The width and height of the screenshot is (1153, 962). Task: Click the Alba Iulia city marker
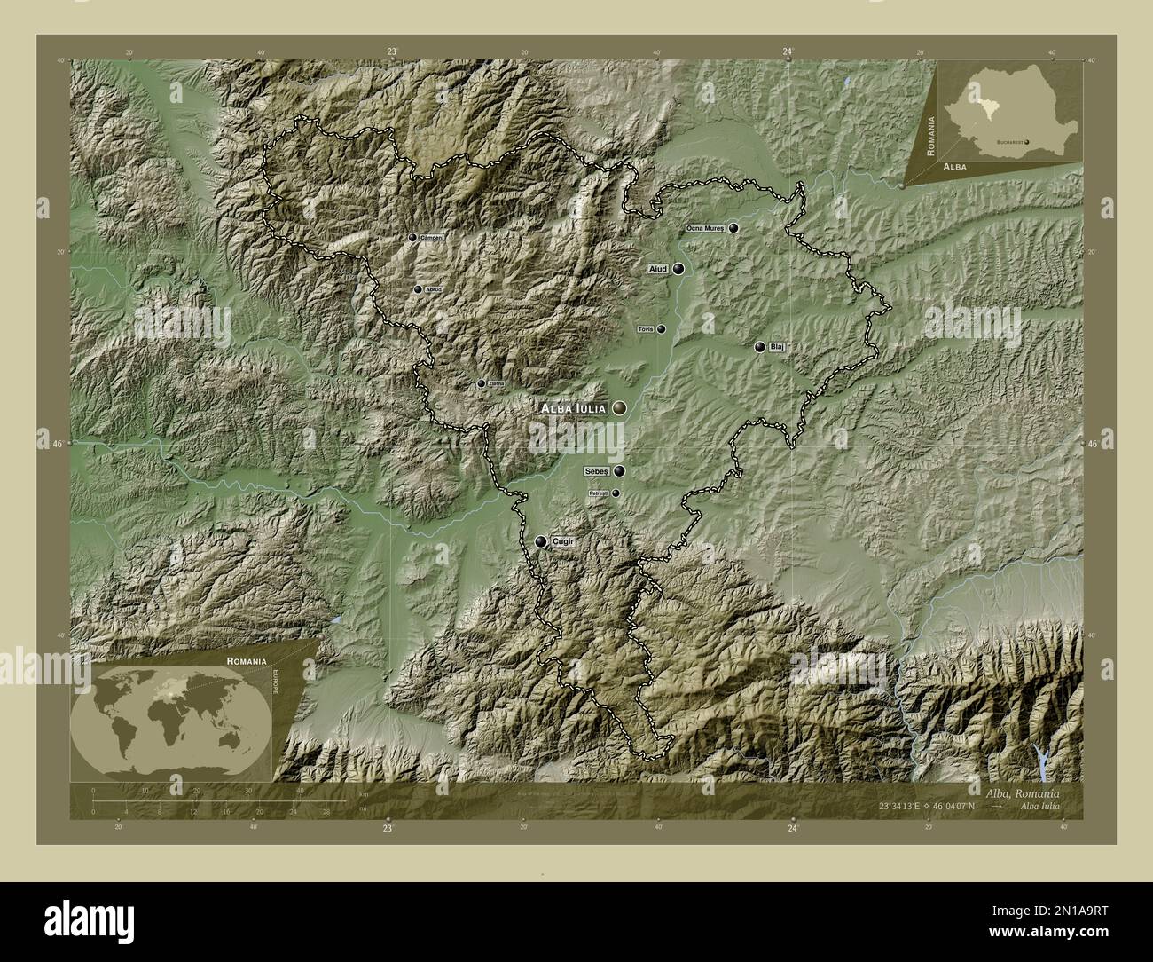point(618,408)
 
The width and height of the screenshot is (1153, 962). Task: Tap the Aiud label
point(657,269)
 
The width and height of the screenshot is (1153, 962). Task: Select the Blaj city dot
point(760,347)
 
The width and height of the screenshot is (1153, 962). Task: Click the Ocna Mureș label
point(706,228)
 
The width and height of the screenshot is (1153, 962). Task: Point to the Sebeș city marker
point(618,471)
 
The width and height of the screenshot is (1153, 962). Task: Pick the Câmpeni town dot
point(412,237)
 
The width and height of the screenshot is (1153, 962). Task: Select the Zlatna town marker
point(482,383)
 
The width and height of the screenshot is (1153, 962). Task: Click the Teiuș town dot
point(661,328)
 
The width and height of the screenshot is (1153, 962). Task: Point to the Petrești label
point(599,493)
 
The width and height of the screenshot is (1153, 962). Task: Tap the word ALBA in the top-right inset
point(955,167)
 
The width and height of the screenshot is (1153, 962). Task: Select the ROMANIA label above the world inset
point(246,662)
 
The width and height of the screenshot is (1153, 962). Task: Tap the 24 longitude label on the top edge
point(788,51)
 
